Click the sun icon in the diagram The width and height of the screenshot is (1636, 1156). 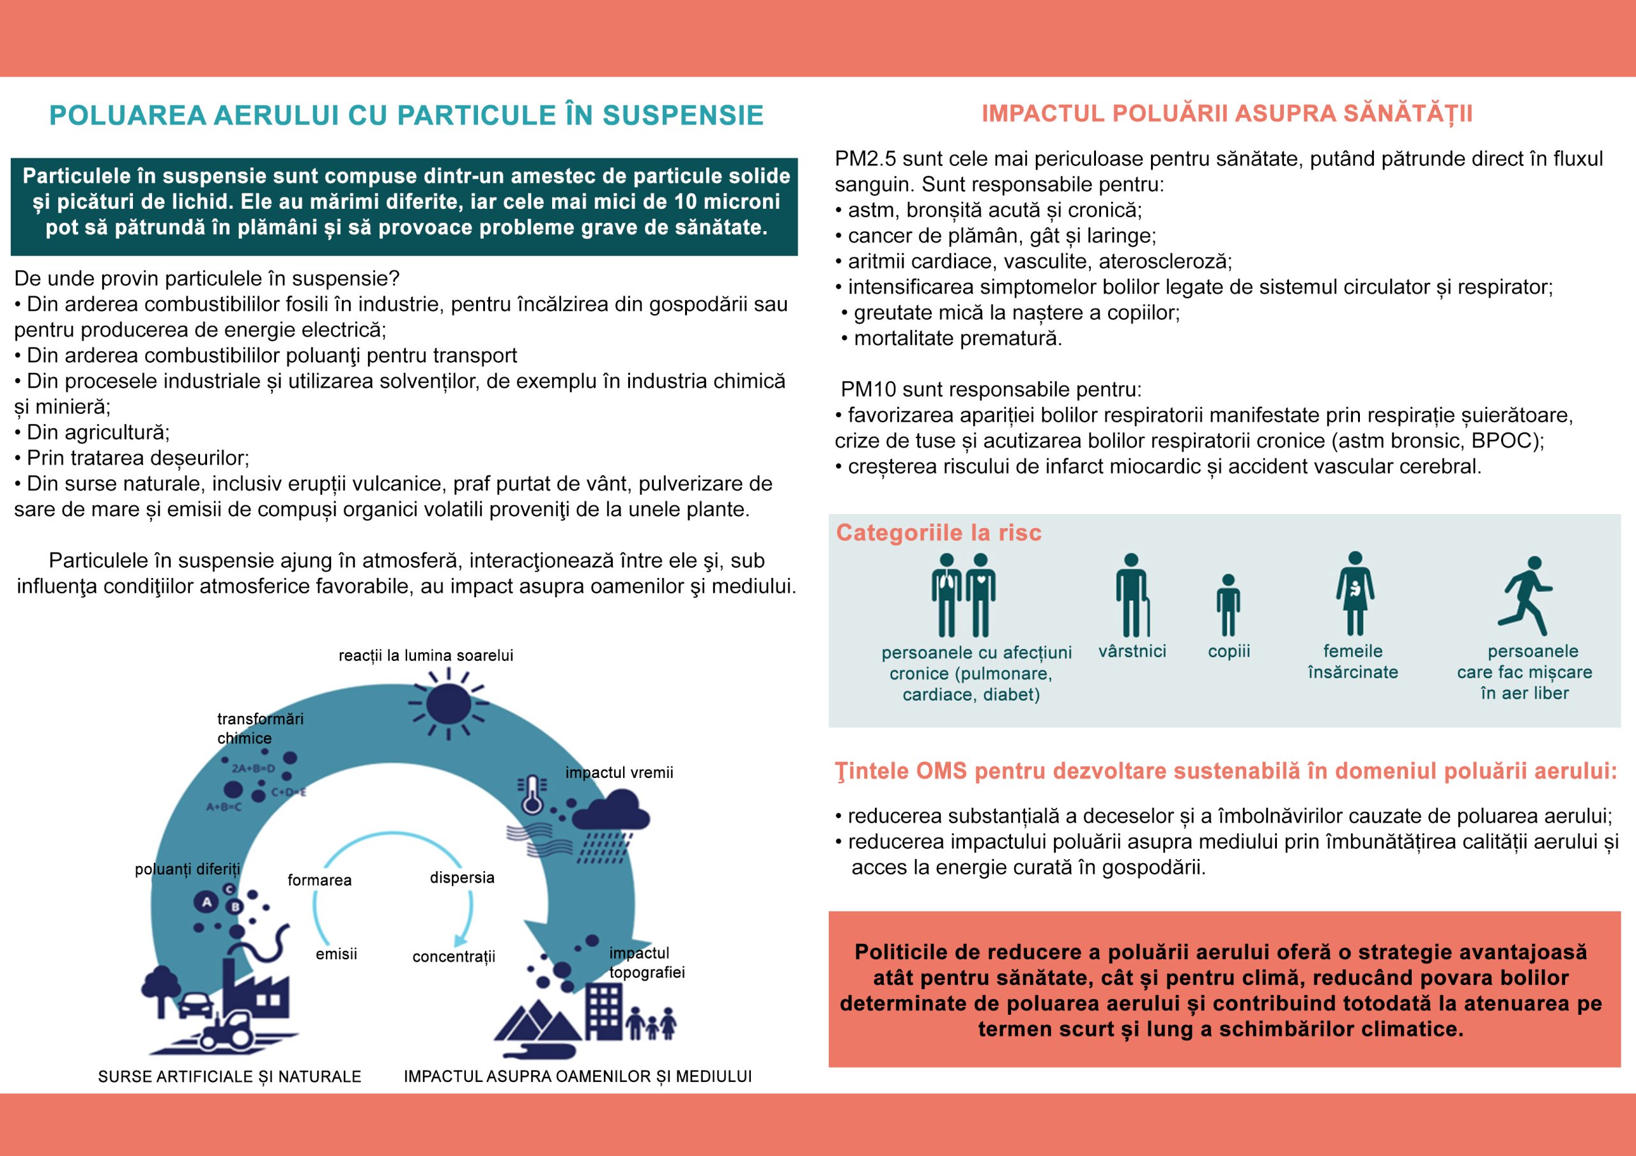pos(448,703)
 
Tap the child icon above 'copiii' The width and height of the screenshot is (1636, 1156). pos(1228,605)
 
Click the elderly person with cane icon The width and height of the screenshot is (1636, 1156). pos(1132,595)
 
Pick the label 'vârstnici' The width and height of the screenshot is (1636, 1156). pos(1132,651)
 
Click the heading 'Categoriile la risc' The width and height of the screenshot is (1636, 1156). pos(938,533)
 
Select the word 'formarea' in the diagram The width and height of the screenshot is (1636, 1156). pos(320,880)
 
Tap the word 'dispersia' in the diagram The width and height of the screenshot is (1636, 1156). pos(462,878)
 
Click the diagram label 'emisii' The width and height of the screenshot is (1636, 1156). pos(336,954)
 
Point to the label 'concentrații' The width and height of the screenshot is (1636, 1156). pos(453,957)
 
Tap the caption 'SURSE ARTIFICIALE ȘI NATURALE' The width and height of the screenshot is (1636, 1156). pos(229,1076)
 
